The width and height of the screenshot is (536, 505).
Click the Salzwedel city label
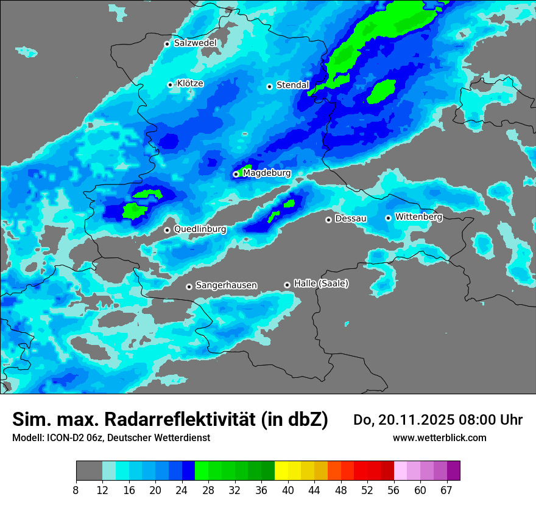coord(195,43)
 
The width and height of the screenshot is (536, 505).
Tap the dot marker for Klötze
coord(171,85)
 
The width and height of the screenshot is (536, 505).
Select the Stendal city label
coord(292,85)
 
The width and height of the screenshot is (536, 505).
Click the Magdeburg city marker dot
coord(236,174)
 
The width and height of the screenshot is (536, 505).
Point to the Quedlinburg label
coord(200,229)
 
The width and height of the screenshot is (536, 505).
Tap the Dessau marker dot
coord(328,220)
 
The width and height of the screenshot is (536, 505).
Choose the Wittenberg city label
coord(418,217)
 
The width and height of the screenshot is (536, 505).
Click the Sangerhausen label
coord(226,285)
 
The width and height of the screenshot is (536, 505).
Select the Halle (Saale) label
coord(321,284)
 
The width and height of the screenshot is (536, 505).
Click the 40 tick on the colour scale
coord(288,490)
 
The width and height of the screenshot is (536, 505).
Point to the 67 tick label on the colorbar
coord(446,490)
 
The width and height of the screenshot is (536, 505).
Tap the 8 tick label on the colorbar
coord(76,490)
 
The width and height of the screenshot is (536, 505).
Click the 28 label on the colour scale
coord(208,490)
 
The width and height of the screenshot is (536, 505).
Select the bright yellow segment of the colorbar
coord(281,471)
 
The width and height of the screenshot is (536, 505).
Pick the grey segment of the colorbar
coord(89,471)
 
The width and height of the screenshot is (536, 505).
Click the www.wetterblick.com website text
coord(439,437)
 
